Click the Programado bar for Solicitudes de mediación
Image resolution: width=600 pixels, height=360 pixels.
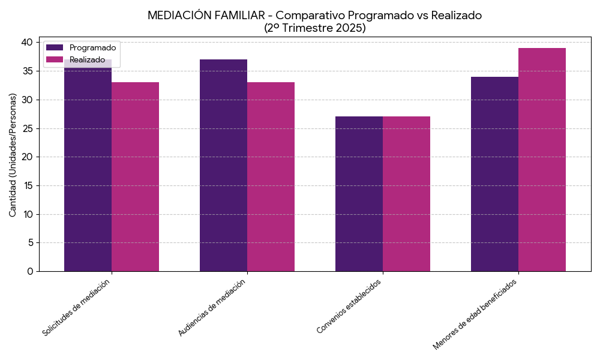click(x=88, y=168)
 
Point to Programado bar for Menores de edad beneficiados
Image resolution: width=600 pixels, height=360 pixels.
click(x=494, y=174)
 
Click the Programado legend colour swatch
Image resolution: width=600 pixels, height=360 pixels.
click(x=55, y=47)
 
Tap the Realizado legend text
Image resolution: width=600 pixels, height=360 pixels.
click(x=87, y=59)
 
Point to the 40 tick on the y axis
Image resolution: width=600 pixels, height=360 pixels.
click(x=26, y=42)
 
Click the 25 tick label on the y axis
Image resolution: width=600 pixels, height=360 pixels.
click(x=26, y=128)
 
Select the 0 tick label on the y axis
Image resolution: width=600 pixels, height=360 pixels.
click(x=30, y=271)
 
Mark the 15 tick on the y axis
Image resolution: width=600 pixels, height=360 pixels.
click(x=26, y=185)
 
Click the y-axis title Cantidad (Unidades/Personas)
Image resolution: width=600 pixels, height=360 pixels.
click(x=13, y=155)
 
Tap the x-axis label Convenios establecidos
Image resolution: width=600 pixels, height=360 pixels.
click(x=349, y=306)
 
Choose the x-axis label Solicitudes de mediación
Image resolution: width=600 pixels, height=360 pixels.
click(x=77, y=307)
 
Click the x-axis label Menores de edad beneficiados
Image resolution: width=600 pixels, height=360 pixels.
click(x=475, y=314)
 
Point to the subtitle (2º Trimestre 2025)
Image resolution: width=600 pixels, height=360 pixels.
click(x=314, y=28)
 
